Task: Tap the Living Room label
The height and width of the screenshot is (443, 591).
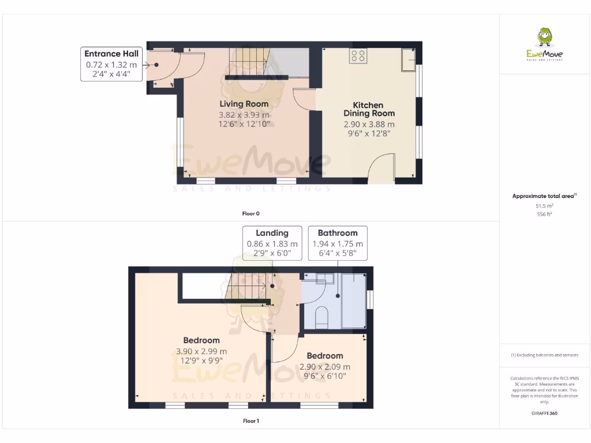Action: [244, 104]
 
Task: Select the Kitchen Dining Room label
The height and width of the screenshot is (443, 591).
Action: [368, 109]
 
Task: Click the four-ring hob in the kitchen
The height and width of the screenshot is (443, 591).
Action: [358, 56]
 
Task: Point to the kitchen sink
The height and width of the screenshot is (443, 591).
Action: [409, 60]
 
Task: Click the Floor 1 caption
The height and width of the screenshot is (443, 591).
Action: [250, 421]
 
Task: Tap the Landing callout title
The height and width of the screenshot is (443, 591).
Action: [272, 233]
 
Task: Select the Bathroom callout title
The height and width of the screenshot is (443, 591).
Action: [338, 233]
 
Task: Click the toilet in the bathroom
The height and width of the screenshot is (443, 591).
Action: [322, 317]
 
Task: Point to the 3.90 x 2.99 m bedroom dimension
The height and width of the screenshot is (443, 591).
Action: [201, 351]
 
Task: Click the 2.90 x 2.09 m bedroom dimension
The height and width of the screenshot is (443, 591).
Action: [324, 367]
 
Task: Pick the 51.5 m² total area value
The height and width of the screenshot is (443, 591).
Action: [544, 205]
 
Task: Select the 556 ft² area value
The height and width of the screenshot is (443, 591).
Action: [544, 214]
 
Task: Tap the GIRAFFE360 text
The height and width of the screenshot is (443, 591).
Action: [544, 413]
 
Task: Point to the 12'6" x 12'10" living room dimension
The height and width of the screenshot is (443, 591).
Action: [244, 124]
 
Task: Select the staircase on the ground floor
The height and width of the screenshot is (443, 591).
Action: [248, 61]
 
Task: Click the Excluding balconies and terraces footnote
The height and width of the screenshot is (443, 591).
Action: [544, 355]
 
